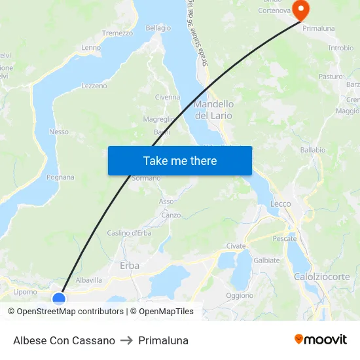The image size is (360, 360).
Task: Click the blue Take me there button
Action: [180, 160]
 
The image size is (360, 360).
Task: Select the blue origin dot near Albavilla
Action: [59, 298]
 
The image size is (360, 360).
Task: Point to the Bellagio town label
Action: [158, 28]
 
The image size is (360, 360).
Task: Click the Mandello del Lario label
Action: [213, 109]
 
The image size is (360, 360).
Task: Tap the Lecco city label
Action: [281, 204]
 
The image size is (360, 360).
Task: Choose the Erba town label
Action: [130, 266]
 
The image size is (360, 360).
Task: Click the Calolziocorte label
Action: [322, 277]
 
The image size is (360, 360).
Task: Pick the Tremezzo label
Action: [117, 33]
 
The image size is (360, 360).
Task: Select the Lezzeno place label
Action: [94, 86]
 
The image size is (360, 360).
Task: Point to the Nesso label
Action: [59, 132]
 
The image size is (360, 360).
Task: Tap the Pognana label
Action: [61, 177]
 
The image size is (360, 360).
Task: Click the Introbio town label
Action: [341, 48]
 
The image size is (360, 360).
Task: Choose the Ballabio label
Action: [312, 150]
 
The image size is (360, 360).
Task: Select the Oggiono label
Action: [240, 295]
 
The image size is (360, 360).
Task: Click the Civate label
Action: [236, 246]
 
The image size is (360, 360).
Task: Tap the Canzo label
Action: [171, 215]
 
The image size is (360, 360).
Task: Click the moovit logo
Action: [321, 340]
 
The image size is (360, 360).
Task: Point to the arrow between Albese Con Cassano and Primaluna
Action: [126, 340]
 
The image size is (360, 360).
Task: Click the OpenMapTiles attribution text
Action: [166, 312]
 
